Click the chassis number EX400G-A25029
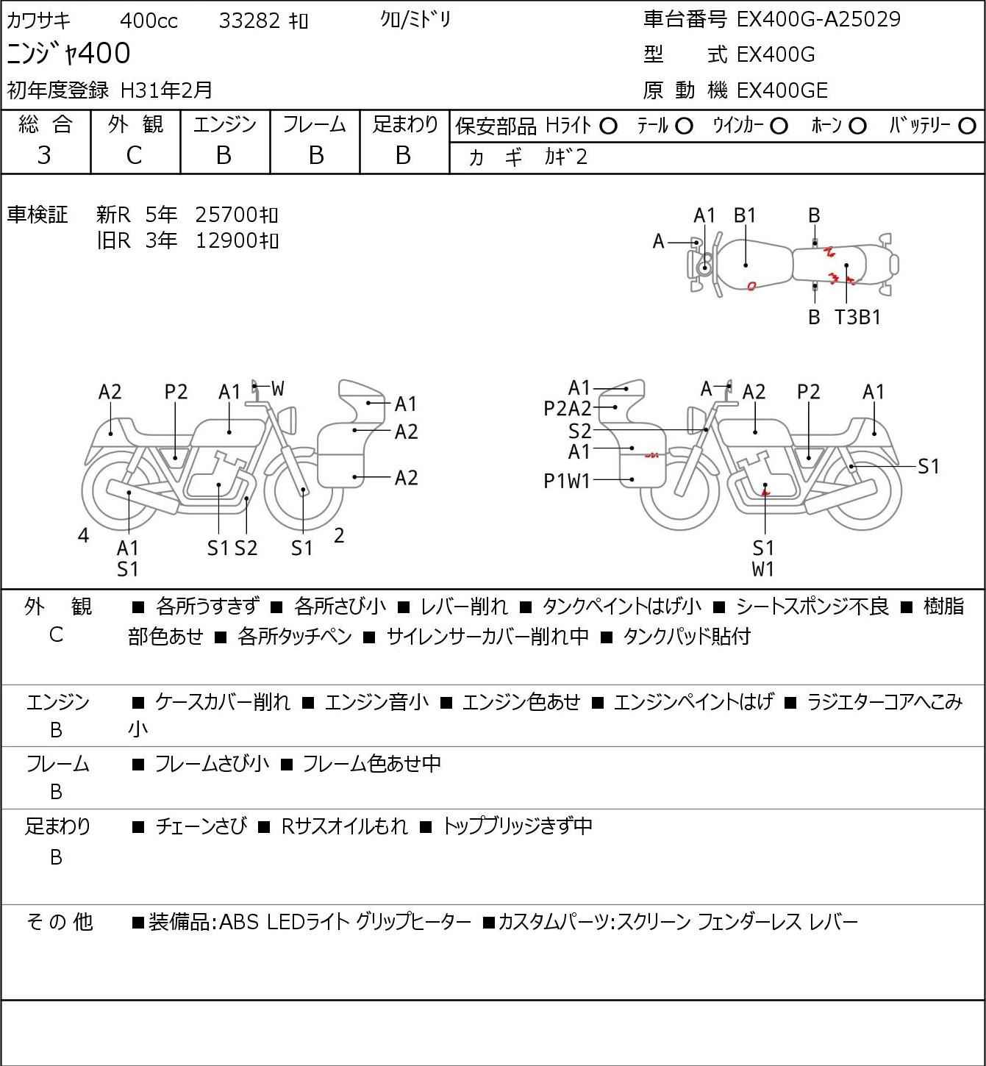pyautogui.click(x=818, y=19)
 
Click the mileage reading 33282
pyautogui.click(x=249, y=21)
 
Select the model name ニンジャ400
pyautogui.click(x=68, y=53)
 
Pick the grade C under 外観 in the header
pyautogui.click(x=134, y=156)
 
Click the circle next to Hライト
pyautogui.click(x=608, y=126)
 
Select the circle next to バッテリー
pyautogui.click(x=967, y=126)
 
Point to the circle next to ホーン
pyautogui.click(x=857, y=126)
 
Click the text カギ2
pyautogui.click(x=566, y=157)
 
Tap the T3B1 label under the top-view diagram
pyautogui.click(x=857, y=317)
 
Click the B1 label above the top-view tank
pyautogui.click(x=745, y=215)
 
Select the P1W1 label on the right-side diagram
pyautogui.click(x=567, y=481)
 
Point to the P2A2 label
pyautogui.click(x=567, y=409)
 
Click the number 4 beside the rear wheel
pyautogui.click(x=83, y=535)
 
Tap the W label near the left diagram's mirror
pyautogui.click(x=278, y=389)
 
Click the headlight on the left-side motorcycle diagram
pyautogui.click(x=288, y=420)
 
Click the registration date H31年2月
pyautogui.click(x=166, y=90)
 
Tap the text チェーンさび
pyautogui.click(x=201, y=826)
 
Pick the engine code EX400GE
pyautogui.click(x=782, y=90)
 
